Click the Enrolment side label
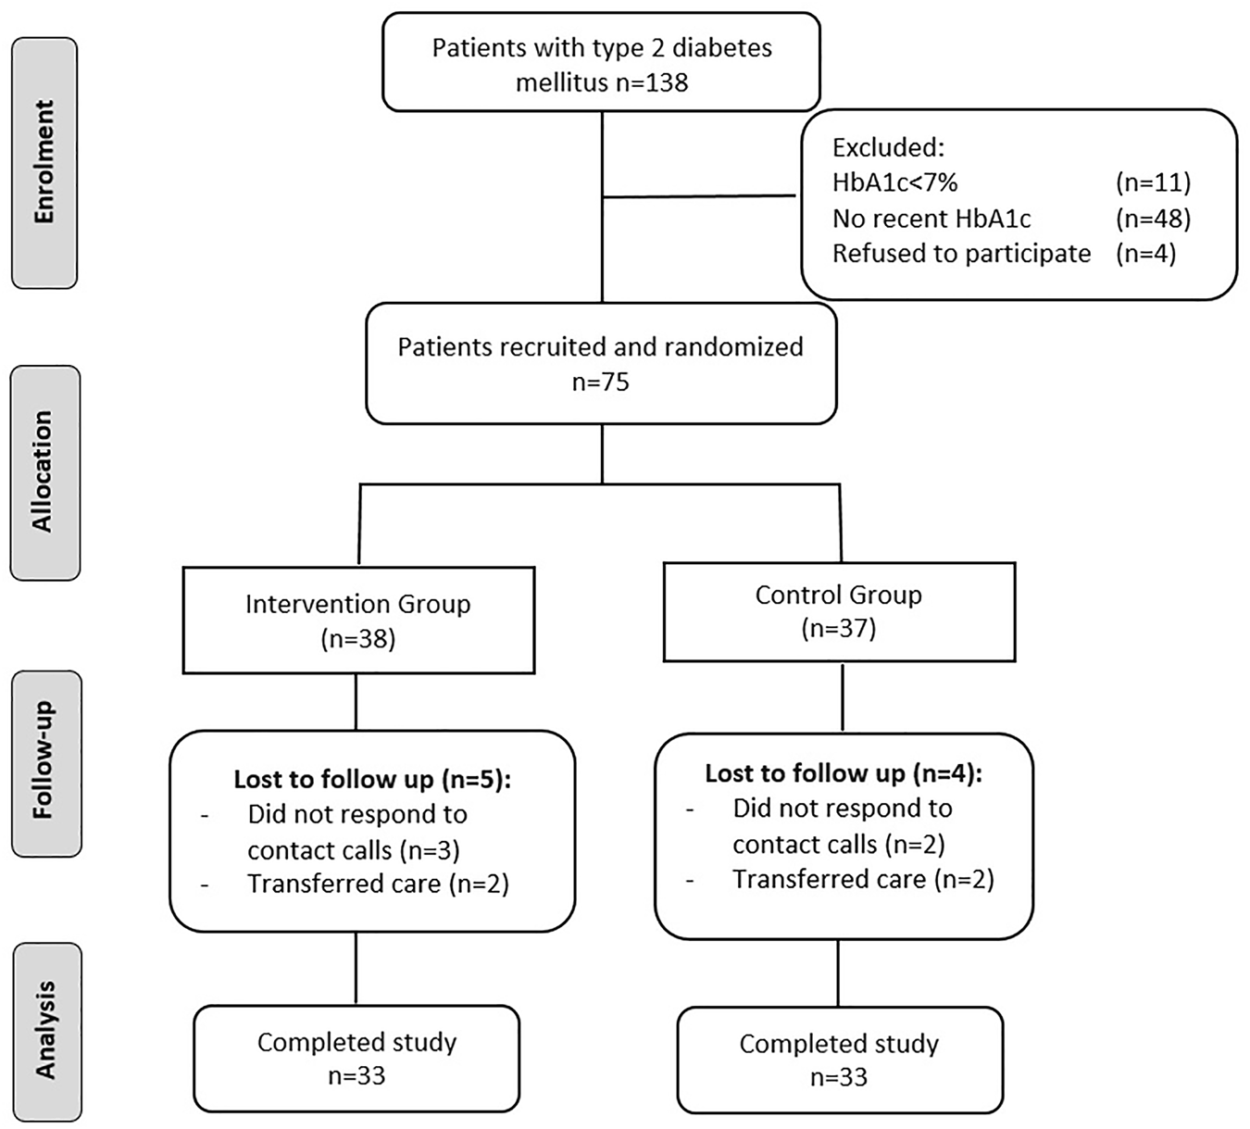click(x=44, y=162)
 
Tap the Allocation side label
click(x=44, y=472)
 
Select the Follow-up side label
click(x=44, y=762)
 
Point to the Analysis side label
click(x=46, y=1030)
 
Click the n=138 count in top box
click(x=653, y=83)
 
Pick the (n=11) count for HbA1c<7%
click(x=1153, y=182)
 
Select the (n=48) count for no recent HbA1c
click(x=1153, y=219)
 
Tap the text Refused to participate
click(x=961, y=254)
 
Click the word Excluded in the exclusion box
click(x=886, y=148)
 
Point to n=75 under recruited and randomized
click(x=601, y=382)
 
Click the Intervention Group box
click(x=358, y=619)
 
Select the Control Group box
click(x=839, y=611)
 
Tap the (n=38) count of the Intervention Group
click(x=358, y=639)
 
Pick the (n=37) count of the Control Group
click(x=839, y=629)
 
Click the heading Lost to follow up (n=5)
click(x=372, y=780)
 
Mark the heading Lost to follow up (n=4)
click(x=844, y=773)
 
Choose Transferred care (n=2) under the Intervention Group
click(x=378, y=884)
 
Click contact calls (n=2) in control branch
click(x=838, y=845)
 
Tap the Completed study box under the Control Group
click(x=839, y=1060)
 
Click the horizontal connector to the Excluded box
click(x=699, y=196)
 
